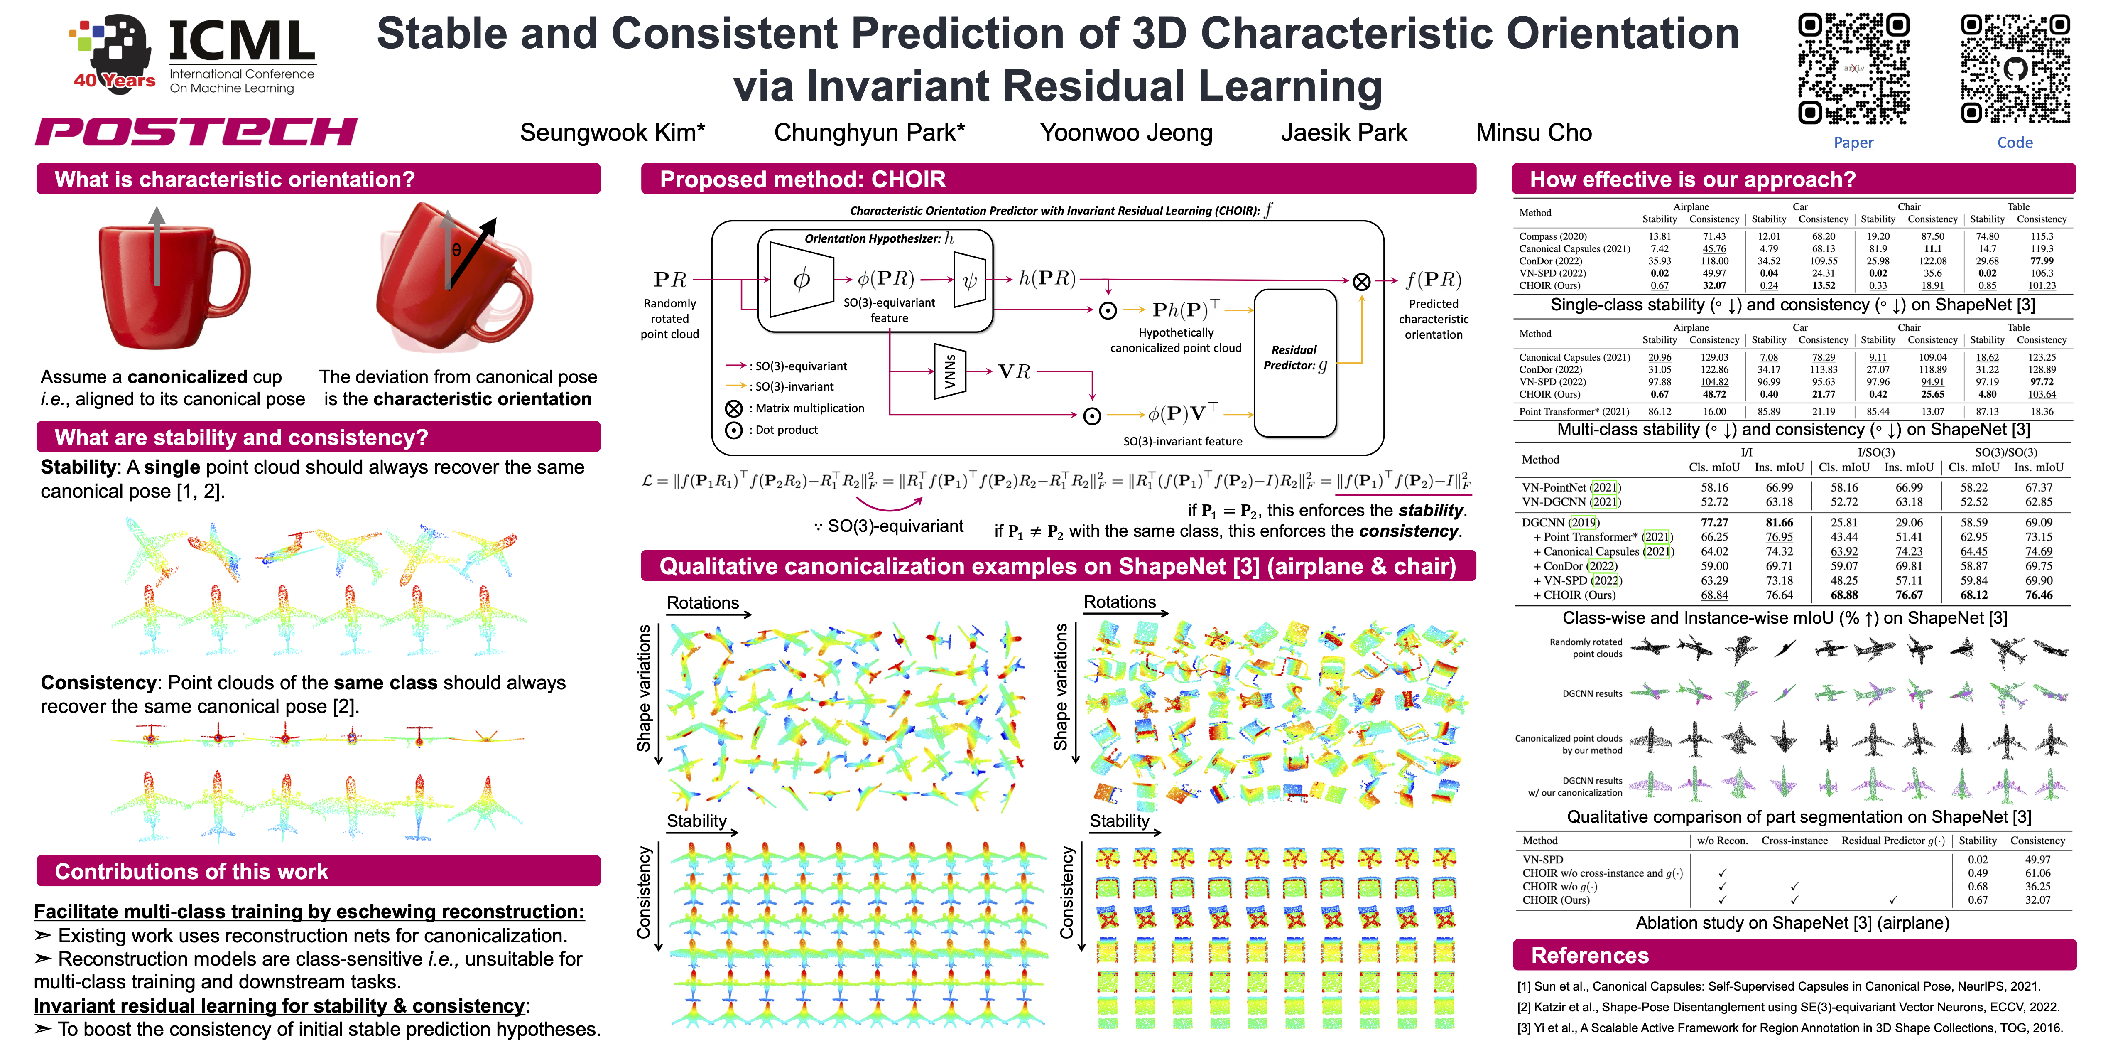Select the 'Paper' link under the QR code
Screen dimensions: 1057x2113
pos(1853,143)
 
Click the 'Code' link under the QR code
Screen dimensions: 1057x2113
pos(2015,143)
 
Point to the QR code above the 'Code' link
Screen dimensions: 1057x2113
pos(2015,69)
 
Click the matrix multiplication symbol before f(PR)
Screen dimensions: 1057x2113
pos(1361,281)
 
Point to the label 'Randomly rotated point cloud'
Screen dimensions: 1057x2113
pos(669,318)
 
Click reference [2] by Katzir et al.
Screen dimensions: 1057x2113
pos(1788,1007)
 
